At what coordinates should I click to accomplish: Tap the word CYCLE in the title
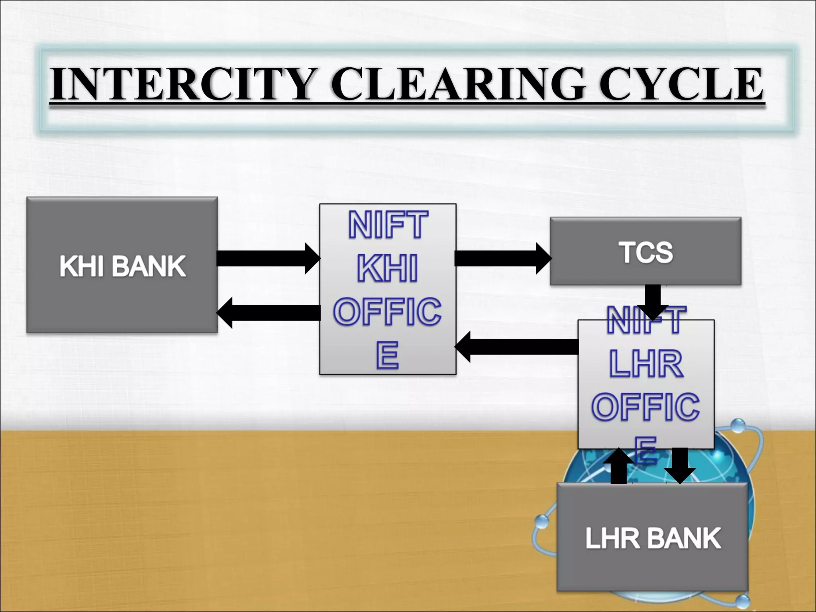coord(681,84)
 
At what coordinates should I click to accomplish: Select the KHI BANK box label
coord(122,266)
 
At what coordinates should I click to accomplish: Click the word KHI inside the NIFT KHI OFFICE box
coord(387,269)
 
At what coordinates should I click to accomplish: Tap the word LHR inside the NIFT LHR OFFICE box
coord(646,364)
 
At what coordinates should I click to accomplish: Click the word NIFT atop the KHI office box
coord(388,225)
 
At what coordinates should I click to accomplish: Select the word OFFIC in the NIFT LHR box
coord(645,406)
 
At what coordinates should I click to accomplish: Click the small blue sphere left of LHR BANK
coord(541,522)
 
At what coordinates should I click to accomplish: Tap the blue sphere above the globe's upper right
coord(738,426)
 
